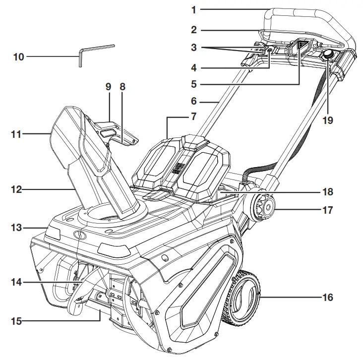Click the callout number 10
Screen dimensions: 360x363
[x=18, y=57]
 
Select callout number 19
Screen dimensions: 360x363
[x=327, y=120]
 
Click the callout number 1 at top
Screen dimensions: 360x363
[x=194, y=9]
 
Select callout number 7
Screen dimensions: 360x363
[x=194, y=117]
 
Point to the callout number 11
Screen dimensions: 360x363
[x=18, y=133]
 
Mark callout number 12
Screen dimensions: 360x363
[x=18, y=189]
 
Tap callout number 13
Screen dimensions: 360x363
[x=18, y=228]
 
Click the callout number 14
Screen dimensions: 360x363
[x=18, y=283]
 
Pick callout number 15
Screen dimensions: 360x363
[x=18, y=321]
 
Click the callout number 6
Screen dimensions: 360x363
[x=194, y=101]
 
